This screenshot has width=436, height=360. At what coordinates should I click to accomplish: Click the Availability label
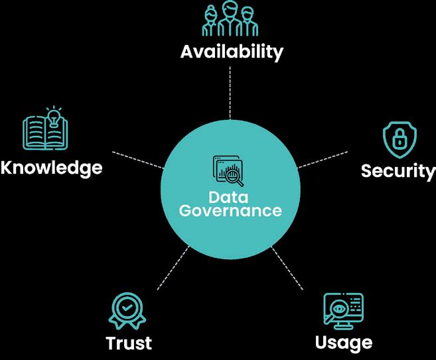coord(232,51)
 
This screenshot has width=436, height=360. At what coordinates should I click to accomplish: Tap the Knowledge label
coord(52,167)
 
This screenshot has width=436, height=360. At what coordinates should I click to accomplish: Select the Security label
coord(398,170)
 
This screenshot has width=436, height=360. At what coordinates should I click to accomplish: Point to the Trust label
coord(129,343)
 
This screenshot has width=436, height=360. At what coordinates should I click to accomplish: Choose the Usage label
coord(343,342)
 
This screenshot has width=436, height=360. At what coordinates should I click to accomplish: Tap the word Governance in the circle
coord(230,211)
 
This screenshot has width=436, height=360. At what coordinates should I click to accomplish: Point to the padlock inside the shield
coord(400,140)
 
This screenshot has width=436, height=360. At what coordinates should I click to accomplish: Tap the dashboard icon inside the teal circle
coord(228,170)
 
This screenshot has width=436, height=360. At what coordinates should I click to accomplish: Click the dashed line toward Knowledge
coord(137,160)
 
